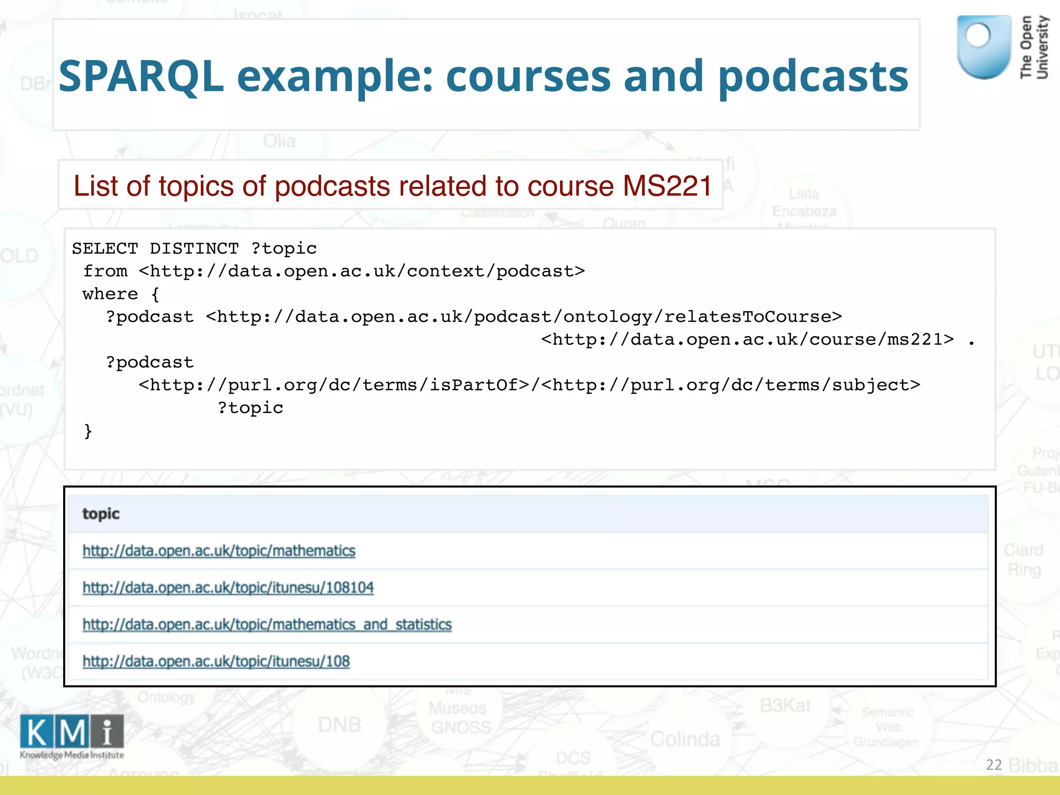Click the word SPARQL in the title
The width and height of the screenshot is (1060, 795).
[141, 77]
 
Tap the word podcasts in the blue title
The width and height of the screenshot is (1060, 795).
[813, 77]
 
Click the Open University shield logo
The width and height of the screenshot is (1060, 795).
[983, 47]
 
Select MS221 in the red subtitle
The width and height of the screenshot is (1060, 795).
[668, 186]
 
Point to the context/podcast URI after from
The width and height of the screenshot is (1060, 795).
[362, 271]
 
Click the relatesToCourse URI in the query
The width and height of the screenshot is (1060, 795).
[524, 317]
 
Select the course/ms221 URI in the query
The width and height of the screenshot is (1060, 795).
[747, 340]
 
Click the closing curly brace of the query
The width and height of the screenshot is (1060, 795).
[88, 431]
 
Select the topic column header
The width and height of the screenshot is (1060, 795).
[101, 513]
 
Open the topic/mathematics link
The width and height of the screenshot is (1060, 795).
[219, 551]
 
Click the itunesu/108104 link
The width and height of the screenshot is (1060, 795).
[228, 587]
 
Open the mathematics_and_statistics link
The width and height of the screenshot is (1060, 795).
[267, 625]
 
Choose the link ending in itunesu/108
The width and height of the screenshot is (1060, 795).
[216, 661]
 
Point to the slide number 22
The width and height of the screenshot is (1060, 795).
[994, 764]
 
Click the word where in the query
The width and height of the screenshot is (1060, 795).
[110, 294]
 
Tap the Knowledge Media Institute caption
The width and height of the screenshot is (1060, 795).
[72, 755]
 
